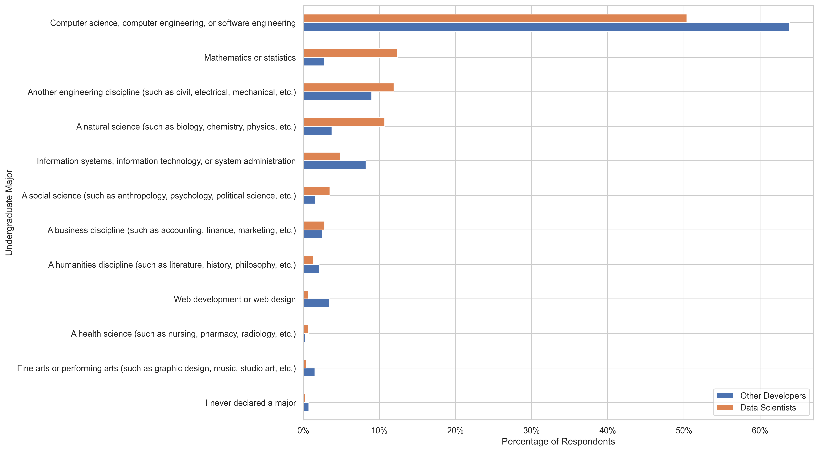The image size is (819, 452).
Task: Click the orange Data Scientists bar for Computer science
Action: [x=495, y=18]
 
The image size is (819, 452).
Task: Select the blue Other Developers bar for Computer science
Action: [x=546, y=27]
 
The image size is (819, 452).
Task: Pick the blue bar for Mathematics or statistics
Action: [x=314, y=62]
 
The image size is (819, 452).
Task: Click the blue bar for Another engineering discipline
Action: [x=337, y=96]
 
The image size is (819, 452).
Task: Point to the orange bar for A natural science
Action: [x=344, y=122]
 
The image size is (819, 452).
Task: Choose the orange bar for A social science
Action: [x=316, y=191]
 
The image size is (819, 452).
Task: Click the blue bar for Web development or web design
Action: [x=316, y=303]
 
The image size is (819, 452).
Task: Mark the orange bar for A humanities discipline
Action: [x=308, y=260]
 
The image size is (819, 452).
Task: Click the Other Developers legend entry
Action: [x=773, y=396]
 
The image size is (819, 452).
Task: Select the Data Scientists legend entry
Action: [x=768, y=408]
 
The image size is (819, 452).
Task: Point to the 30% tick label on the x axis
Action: [x=531, y=431]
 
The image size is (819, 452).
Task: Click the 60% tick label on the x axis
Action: [x=760, y=431]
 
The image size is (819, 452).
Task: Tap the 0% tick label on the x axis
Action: [x=303, y=431]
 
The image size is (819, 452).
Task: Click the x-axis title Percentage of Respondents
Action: [x=558, y=442]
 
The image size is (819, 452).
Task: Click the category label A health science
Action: [x=183, y=334]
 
